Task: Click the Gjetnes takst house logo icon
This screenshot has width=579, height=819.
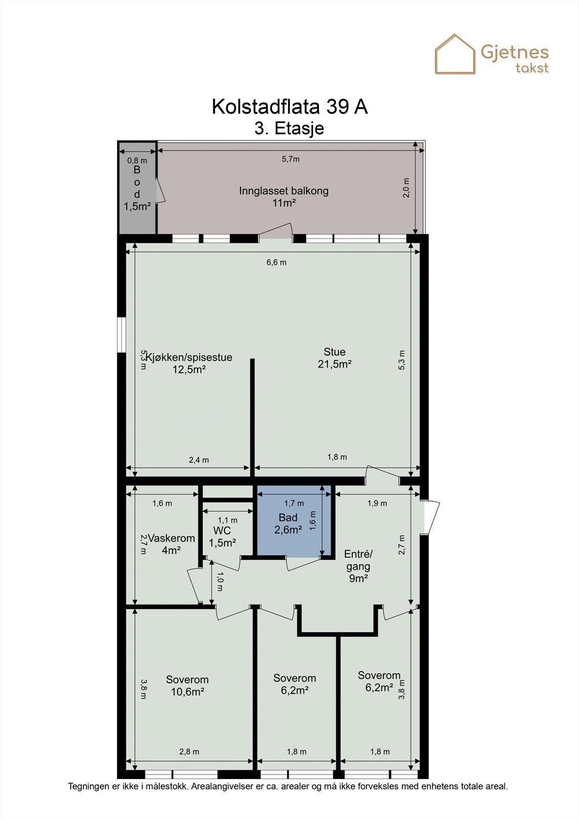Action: (x=455, y=54)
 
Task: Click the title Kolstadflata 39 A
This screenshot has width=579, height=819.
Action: (x=290, y=106)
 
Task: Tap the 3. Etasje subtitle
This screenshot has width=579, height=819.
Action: (x=289, y=128)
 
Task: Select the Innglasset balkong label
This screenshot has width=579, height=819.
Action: (x=284, y=197)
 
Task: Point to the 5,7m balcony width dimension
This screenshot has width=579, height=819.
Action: (x=290, y=159)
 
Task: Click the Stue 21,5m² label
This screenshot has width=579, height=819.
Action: (x=334, y=358)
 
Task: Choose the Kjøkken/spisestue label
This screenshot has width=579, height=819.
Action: (x=189, y=363)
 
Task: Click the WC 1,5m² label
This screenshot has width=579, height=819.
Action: (x=222, y=536)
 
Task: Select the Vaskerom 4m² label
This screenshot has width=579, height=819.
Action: (x=171, y=544)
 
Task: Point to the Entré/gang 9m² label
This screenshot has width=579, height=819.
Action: (x=358, y=566)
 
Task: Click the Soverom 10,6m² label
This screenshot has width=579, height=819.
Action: (x=187, y=686)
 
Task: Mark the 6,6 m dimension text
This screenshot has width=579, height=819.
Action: (x=276, y=263)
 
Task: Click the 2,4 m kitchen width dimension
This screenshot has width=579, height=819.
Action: (x=199, y=460)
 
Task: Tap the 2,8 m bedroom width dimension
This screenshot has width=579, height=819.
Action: (x=189, y=751)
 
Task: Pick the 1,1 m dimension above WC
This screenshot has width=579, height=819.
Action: (x=227, y=520)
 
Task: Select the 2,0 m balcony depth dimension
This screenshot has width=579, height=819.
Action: (x=406, y=187)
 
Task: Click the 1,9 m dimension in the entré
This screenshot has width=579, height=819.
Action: (x=377, y=503)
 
